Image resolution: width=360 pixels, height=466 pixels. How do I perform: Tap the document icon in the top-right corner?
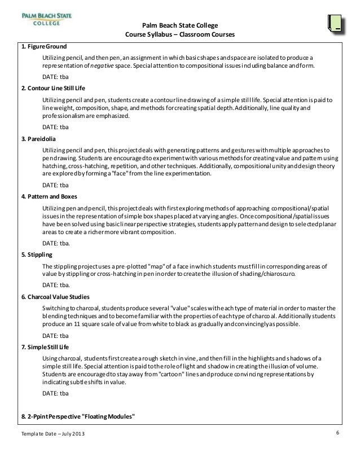tap(335, 24)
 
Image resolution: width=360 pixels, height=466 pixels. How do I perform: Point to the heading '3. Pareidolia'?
tap(39, 138)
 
